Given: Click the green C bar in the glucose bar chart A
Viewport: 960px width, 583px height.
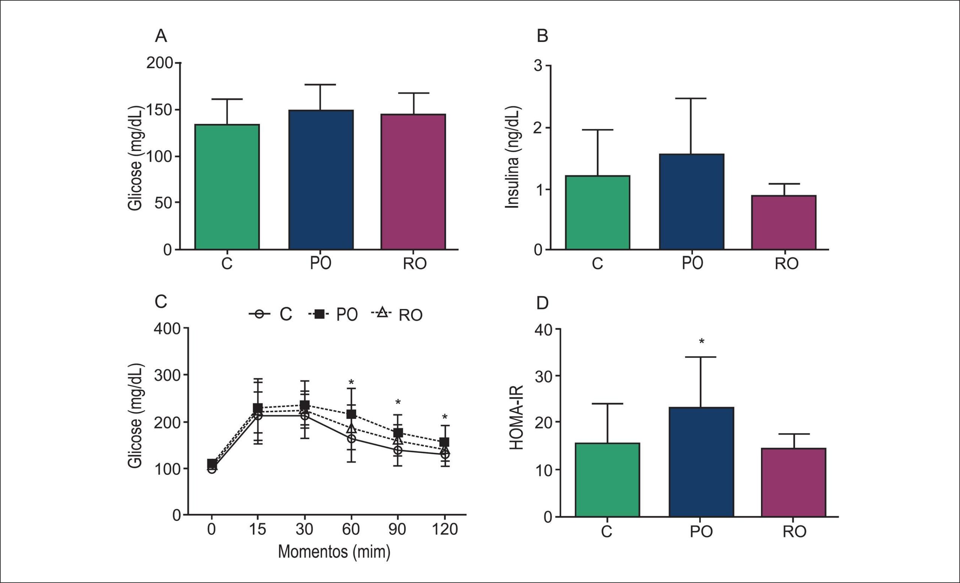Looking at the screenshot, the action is pyautogui.click(x=227, y=187).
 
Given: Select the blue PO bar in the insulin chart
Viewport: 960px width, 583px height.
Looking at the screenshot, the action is pyautogui.click(x=691, y=202).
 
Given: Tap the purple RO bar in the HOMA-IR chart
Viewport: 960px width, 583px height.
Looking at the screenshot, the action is pyautogui.click(x=793, y=482).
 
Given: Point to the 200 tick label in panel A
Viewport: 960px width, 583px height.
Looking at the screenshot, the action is pyautogui.click(x=159, y=63).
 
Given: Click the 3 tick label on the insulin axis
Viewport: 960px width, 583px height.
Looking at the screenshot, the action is pyautogui.click(x=538, y=66).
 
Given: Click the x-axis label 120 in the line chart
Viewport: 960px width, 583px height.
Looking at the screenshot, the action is pyautogui.click(x=445, y=529).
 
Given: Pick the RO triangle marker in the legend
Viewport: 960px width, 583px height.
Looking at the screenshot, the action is pyautogui.click(x=382, y=312).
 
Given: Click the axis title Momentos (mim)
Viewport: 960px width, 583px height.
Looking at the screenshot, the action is pyautogui.click(x=334, y=552).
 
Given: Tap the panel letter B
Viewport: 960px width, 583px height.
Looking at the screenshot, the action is pyautogui.click(x=542, y=36).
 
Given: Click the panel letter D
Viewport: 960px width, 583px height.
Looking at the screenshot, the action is pyautogui.click(x=542, y=303).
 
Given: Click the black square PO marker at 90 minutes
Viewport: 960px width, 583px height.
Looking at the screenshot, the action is pyautogui.click(x=398, y=433).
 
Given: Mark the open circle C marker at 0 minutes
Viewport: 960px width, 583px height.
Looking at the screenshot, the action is pyautogui.click(x=211, y=469).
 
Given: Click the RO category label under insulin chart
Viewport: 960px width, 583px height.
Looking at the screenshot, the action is pyautogui.click(x=787, y=264).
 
